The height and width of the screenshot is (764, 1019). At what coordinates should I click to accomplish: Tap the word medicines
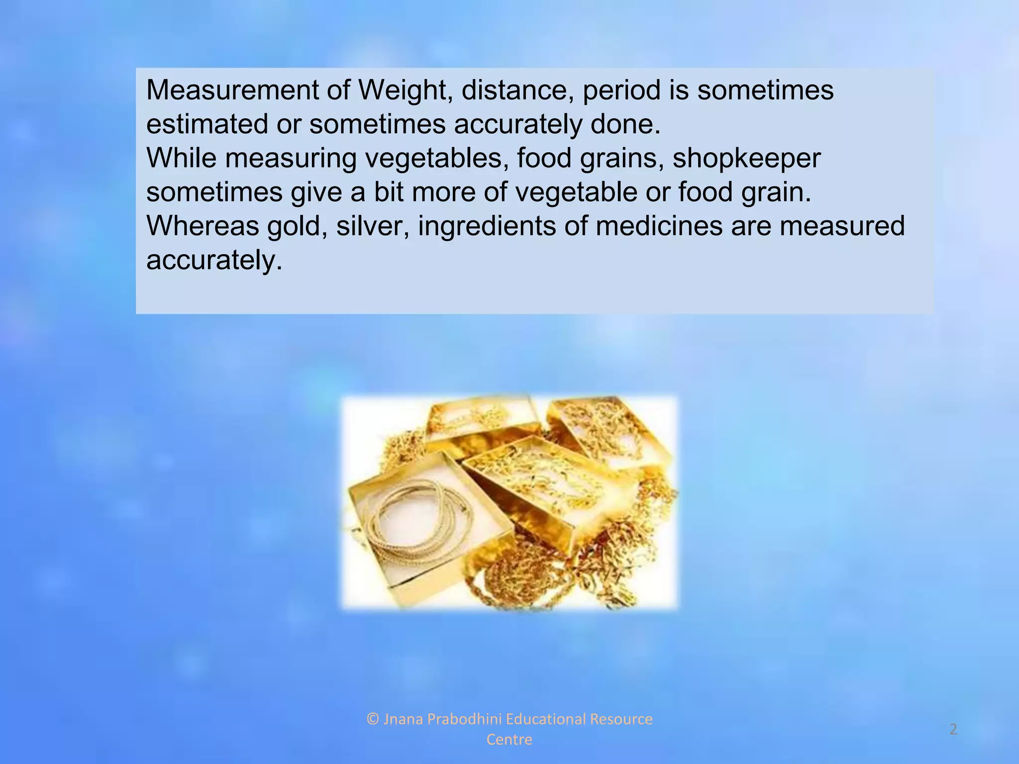tap(659, 226)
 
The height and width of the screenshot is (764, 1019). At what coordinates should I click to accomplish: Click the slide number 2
tap(953, 729)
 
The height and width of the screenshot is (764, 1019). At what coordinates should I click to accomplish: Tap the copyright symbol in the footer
tap(373, 719)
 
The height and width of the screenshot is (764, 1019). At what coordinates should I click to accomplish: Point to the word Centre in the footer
tap(509, 740)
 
